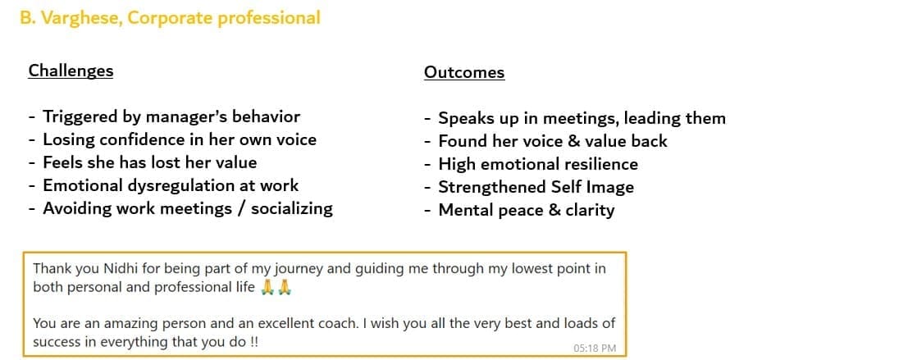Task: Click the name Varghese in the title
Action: pyautogui.click(x=80, y=18)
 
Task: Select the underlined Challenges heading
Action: pyautogui.click(x=71, y=71)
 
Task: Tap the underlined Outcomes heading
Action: pyautogui.click(x=464, y=72)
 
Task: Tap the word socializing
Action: pyautogui.click(x=292, y=208)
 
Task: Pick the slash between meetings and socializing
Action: pyautogui.click(x=240, y=208)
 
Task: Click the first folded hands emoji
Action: pyautogui.click(x=267, y=288)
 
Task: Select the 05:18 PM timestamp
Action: pyautogui.click(x=595, y=348)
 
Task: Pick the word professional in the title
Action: pyautogui.click(x=269, y=18)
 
